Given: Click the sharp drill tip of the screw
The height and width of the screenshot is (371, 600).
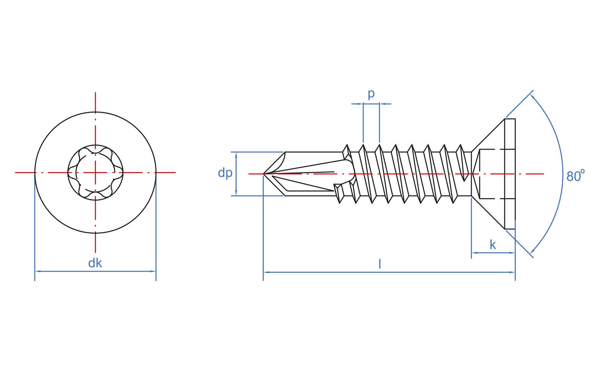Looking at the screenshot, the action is [x=264, y=174].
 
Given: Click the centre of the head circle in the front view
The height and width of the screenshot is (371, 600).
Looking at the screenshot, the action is [x=95, y=172].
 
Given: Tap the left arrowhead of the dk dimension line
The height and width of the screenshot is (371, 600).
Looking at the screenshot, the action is [x=37, y=271].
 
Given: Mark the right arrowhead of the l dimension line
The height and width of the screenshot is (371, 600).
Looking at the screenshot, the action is [x=512, y=272].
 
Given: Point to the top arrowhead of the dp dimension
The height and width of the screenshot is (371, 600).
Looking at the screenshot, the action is [x=236, y=155].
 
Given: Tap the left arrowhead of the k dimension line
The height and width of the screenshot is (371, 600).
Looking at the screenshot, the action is [x=474, y=253].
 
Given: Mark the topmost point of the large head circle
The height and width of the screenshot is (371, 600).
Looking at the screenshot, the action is [x=95, y=112].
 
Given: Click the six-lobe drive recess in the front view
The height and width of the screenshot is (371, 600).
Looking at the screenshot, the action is [x=95, y=172].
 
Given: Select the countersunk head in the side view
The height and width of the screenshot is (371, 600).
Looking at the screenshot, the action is [x=493, y=174].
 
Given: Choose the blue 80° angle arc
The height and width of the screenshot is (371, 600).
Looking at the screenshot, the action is [x=563, y=174].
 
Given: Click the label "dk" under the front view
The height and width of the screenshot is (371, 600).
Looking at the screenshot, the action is [x=95, y=263].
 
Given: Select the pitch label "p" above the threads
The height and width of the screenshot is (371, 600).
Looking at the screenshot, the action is [x=371, y=94].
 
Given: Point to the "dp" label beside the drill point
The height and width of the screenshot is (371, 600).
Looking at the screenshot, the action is [x=225, y=173].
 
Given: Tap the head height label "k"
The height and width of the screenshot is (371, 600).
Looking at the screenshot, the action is [x=493, y=245].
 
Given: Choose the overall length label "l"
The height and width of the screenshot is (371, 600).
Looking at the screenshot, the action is [x=380, y=264].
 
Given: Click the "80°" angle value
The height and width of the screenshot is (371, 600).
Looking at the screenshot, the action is [x=575, y=175].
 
